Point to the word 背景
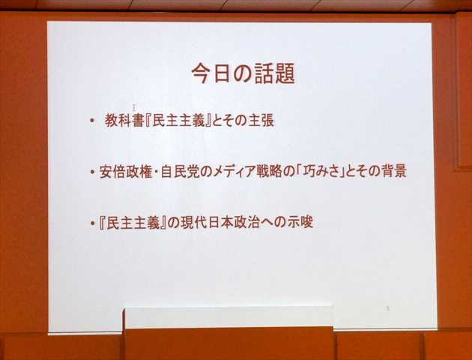click(x=393, y=171)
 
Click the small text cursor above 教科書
click(x=134, y=107)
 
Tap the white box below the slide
click(x=228, y=316)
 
